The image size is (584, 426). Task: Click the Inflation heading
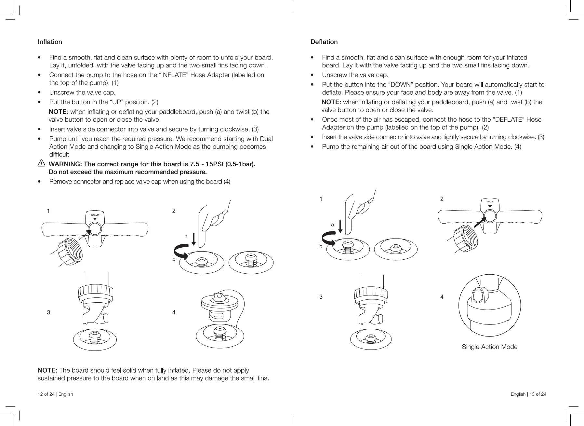tap(50, 42)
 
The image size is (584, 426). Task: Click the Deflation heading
tap(324, 42)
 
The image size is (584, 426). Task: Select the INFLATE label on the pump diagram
tap(95, 215)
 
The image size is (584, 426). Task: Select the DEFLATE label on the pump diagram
tap(490, 202)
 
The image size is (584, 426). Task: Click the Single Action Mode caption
tap(489, 347)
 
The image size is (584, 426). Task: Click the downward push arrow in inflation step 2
tap(193, 239)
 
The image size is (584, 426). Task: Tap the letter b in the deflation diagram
tap(321, 246)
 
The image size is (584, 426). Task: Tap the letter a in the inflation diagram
tap(186, 237)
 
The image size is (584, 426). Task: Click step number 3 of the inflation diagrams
tap(48, 312)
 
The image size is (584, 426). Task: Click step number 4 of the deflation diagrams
tap(442, 297)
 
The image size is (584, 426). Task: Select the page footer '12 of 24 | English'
tap(55, 394)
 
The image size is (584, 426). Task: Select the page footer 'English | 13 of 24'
tap(528, 394)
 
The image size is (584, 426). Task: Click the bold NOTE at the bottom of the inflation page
tap(47, 370)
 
